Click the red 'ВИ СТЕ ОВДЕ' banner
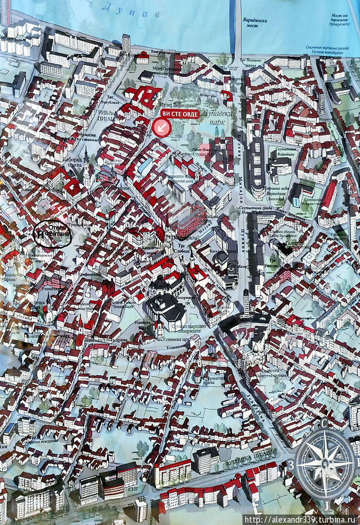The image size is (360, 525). point(180,114)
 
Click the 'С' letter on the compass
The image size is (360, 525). point(324,423)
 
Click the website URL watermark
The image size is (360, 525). point(300,519)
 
